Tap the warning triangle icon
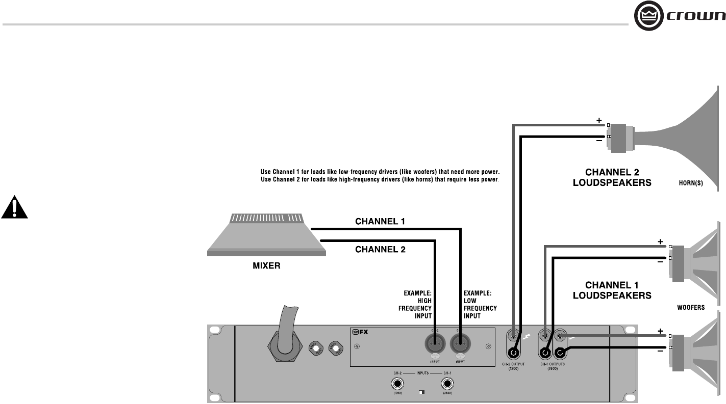pos(14,207)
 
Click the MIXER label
pos(267,266)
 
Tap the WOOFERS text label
pos(690,307)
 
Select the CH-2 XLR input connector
pos(434,343)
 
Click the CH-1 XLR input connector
pos(460,343)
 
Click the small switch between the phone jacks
pos(421,392)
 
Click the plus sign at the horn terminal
pos(599,121)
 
